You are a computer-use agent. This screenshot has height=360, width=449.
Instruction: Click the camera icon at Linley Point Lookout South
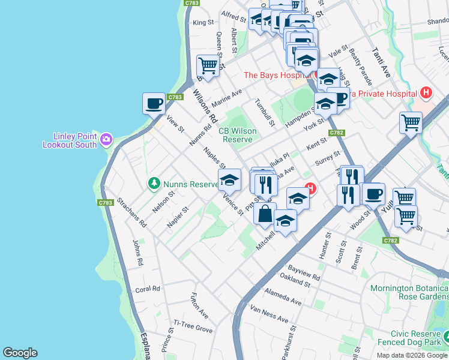coord(106,139)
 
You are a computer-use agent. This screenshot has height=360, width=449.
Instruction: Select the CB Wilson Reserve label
coord(238,135)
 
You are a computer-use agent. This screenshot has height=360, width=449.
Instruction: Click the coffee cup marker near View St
coord(154,104)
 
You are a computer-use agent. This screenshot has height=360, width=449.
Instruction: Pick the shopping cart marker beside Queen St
coord(208,65)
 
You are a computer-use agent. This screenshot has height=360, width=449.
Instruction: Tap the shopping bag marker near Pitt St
coord(265,214)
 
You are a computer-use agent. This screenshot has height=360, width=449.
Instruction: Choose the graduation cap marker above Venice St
coord(229,179)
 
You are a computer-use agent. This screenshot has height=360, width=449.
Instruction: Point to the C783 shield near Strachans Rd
coord(106,203)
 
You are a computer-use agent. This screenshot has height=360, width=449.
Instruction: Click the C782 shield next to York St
coord(336,133)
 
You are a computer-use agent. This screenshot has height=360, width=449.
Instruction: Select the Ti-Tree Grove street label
coord(193,330)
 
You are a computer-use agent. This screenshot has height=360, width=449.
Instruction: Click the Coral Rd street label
coord(148,289)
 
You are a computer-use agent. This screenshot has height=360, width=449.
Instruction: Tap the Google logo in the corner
coord(20,353)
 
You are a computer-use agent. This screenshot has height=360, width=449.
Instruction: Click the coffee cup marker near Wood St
coord(373,194)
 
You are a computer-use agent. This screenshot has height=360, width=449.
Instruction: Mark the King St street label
coord(203,23)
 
